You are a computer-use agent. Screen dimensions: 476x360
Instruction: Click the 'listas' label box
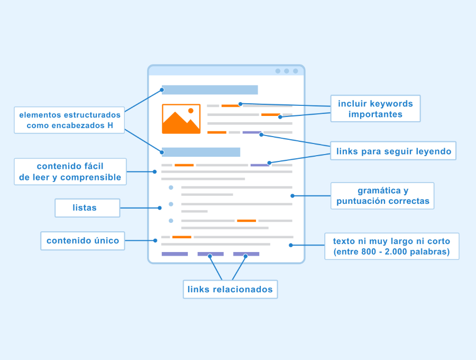tap(87, 208)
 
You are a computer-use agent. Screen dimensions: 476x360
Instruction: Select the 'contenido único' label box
tap(83, 241)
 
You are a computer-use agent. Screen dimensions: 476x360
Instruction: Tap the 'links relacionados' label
tap(230, 289)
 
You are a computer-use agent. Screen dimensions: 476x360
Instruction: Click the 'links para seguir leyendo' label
tap(393, 151)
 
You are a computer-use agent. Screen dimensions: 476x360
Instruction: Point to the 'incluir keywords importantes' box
tap(376, 109)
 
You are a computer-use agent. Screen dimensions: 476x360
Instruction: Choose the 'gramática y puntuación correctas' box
tap(382, 196)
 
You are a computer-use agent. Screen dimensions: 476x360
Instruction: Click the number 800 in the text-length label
tap(369, 252)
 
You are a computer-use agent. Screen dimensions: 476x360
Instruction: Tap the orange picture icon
tap(181, 119)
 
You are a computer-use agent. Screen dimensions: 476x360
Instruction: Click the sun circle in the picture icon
tap(190, 111)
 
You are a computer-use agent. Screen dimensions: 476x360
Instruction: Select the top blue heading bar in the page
tap(210, 90)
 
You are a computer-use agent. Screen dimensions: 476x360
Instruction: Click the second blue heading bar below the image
tap(201, 152)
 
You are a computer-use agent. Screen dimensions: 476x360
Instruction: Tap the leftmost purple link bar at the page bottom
tap(175, 254)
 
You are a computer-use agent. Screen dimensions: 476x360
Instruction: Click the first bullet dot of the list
tap(171, 187)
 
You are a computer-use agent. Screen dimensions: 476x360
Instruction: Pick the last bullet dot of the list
tap(171, 221)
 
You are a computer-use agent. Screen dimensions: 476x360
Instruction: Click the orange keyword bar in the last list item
tap(246, 221)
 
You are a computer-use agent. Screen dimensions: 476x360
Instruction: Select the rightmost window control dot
tap(295, 71)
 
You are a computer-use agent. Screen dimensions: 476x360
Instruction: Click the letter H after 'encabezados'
tap(110, 125)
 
